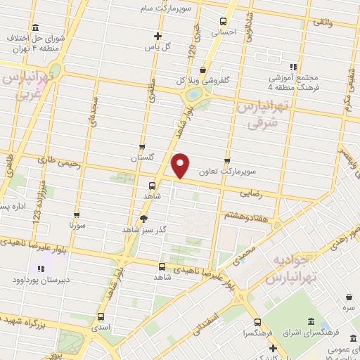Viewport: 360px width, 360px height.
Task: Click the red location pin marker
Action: coord(181,166)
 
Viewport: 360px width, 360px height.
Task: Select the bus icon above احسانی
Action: coord(224,21)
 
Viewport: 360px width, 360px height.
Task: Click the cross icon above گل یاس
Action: coord(157,35)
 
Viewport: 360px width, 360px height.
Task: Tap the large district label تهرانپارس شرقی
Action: coord(262,115)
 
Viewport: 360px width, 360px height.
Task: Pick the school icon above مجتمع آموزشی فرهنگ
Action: coord(293,66)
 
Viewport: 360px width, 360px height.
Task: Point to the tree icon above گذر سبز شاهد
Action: coord(143,219)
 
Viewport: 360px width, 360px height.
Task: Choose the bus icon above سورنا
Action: coord(77,214)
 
